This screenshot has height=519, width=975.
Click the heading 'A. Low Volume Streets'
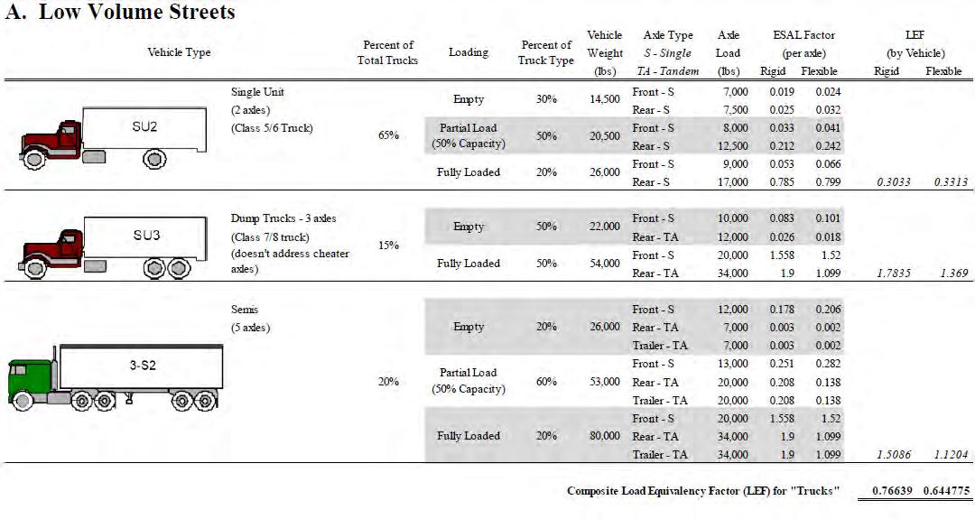121,13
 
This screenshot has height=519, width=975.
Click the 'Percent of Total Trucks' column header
388,52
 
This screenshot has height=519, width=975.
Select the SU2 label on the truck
144,126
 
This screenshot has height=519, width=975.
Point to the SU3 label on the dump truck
146,235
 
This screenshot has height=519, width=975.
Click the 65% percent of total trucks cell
388,136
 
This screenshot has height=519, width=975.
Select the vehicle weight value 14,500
604,99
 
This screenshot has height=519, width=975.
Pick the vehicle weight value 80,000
604,436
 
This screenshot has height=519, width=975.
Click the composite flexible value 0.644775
946,491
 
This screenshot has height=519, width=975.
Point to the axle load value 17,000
732,182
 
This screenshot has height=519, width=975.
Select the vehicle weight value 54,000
604,264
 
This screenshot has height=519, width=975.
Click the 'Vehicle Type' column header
179,52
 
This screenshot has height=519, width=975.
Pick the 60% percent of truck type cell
546,382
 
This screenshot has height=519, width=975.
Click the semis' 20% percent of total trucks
388,382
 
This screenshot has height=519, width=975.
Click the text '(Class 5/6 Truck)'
273,127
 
